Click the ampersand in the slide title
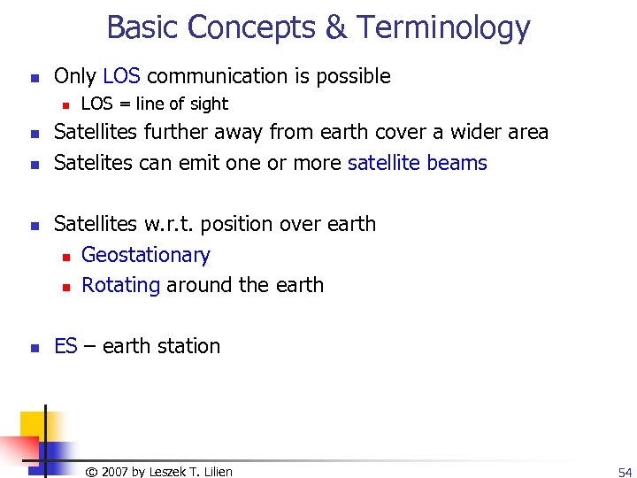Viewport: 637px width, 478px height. [x=336, y=28]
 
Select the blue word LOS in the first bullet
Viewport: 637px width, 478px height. [x=121, y=76]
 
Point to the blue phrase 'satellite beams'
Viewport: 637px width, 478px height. [x=418, y=163]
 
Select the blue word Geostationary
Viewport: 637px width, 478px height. [x=146, y=255]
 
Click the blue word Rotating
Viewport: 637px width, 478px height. [x=120, y=285]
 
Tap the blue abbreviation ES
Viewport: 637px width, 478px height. [x=65, y=346]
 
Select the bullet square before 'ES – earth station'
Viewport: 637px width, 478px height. [x=33, y=347]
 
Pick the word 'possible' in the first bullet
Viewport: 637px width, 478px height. [x=351, y=76]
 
